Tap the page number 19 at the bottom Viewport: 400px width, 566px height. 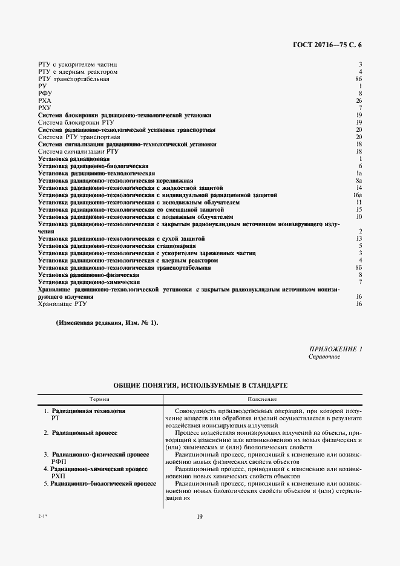(199, 516)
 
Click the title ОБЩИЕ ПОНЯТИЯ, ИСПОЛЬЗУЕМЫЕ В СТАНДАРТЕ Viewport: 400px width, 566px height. (199, 385)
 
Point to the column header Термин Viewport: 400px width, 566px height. (100, 400)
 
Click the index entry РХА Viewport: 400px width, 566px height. (45, 100)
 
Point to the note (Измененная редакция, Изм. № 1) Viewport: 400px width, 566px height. (107, 323)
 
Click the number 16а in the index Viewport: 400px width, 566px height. (358, 195)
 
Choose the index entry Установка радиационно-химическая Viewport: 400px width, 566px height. (89, 282)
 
